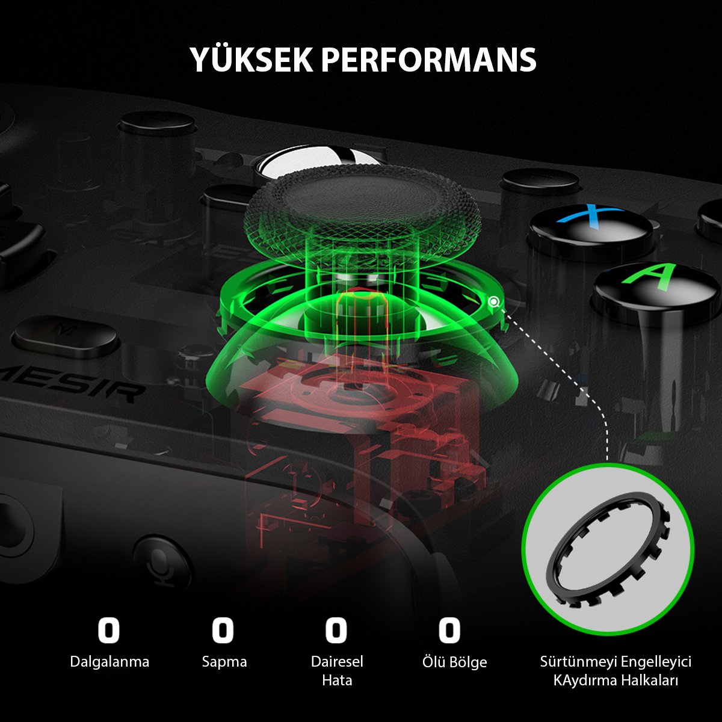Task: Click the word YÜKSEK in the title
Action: [251, 59]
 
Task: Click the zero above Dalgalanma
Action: [109, 630]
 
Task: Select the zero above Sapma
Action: [223, 630]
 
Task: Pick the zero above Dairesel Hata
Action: [336, 630]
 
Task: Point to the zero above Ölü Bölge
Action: [449, 630]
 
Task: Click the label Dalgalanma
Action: [110, 662]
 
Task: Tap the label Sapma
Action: [224, 662]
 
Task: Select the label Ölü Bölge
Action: [454, 662]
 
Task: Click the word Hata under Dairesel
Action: [337, 680]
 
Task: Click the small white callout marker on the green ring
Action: [494, 301]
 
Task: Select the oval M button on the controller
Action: [66, 336]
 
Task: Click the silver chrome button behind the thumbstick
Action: [322, 158]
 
